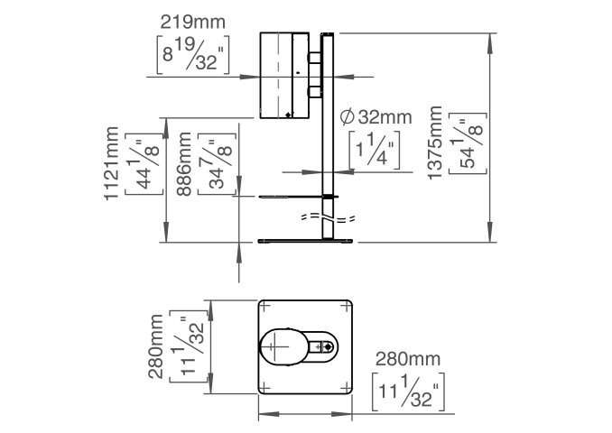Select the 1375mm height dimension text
436,143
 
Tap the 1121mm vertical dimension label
112,164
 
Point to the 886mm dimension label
186,164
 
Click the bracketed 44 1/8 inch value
144,164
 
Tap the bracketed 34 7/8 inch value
218,164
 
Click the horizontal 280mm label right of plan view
411,359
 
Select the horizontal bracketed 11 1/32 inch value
412,393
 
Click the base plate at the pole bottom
307,241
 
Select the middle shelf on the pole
298,196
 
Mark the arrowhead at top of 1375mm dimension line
492,39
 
